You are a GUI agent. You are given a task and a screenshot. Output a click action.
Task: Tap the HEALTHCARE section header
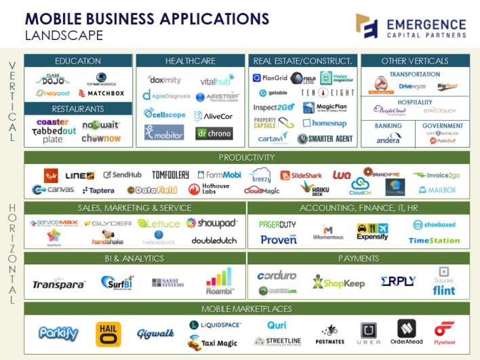[190, 61]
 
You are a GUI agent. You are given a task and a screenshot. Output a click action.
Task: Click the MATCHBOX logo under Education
[102, 94]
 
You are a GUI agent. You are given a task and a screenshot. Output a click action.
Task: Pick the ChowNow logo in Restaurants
[102, 138]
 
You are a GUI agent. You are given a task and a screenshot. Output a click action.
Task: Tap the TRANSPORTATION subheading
[415, 75]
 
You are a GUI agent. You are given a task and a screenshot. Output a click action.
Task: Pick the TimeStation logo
[435, 240]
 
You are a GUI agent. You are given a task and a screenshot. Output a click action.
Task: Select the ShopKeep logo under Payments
[338, 281]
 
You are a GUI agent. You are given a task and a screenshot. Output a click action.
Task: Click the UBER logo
[369, 333]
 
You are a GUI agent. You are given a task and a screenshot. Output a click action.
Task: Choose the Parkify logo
[58, 334]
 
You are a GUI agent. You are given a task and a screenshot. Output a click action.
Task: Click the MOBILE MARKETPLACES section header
[247, 309]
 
